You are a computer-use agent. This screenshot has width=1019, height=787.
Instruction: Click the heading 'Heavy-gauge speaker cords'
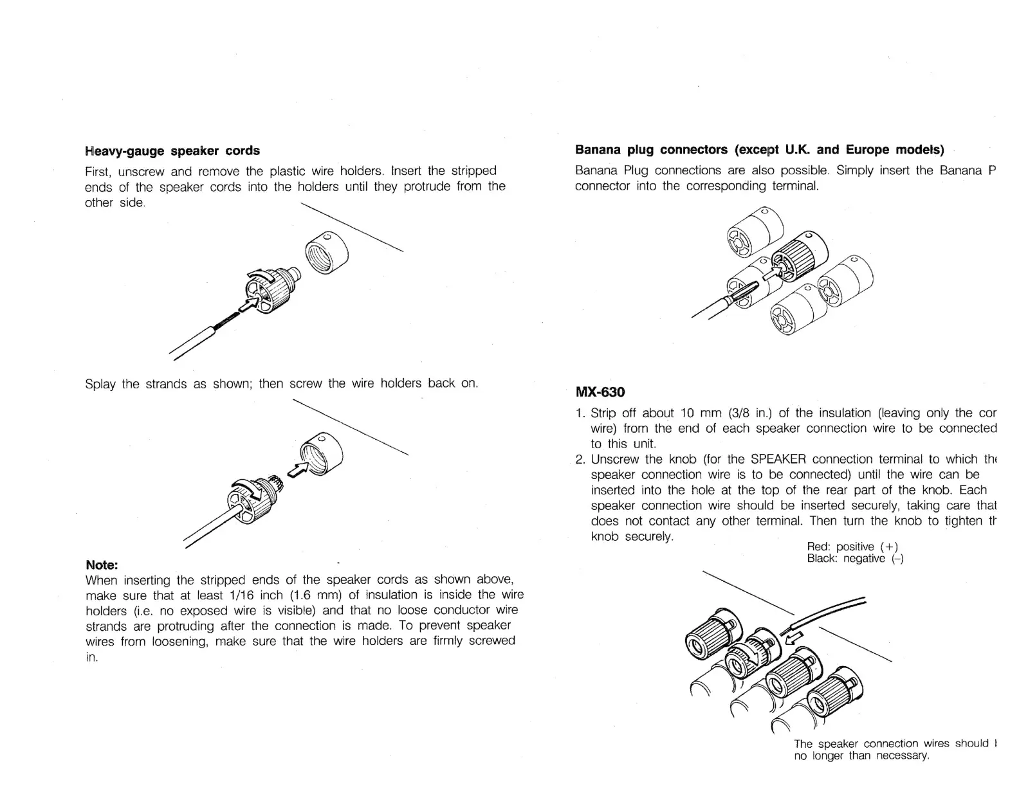click(172, 150)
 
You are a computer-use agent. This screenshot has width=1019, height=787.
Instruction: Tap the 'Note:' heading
click(102, 565)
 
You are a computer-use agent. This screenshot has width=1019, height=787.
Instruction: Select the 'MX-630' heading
click(600, 392)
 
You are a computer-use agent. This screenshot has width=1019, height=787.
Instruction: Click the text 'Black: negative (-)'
click(855, 559)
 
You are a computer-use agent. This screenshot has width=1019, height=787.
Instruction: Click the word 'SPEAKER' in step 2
click(778, 459)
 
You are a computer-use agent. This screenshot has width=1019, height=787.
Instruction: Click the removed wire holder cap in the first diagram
click(326, 252)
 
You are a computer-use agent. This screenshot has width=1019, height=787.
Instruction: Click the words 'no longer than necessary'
click(861, 756)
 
